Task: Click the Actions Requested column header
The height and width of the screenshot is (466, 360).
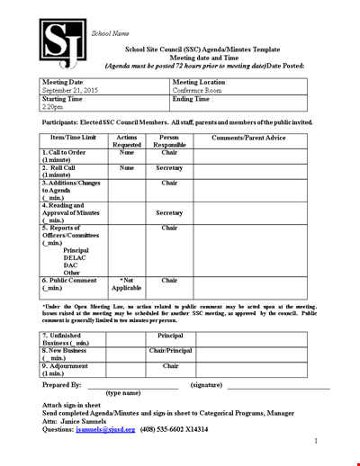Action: pos(127,140)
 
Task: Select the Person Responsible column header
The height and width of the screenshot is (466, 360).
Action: pos(169,140)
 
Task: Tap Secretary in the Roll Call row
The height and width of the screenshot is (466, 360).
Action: pos(169,168)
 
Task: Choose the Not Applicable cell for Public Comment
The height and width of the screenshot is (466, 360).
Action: pos(127,284)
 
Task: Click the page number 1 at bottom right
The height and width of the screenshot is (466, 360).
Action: pos(316,442)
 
